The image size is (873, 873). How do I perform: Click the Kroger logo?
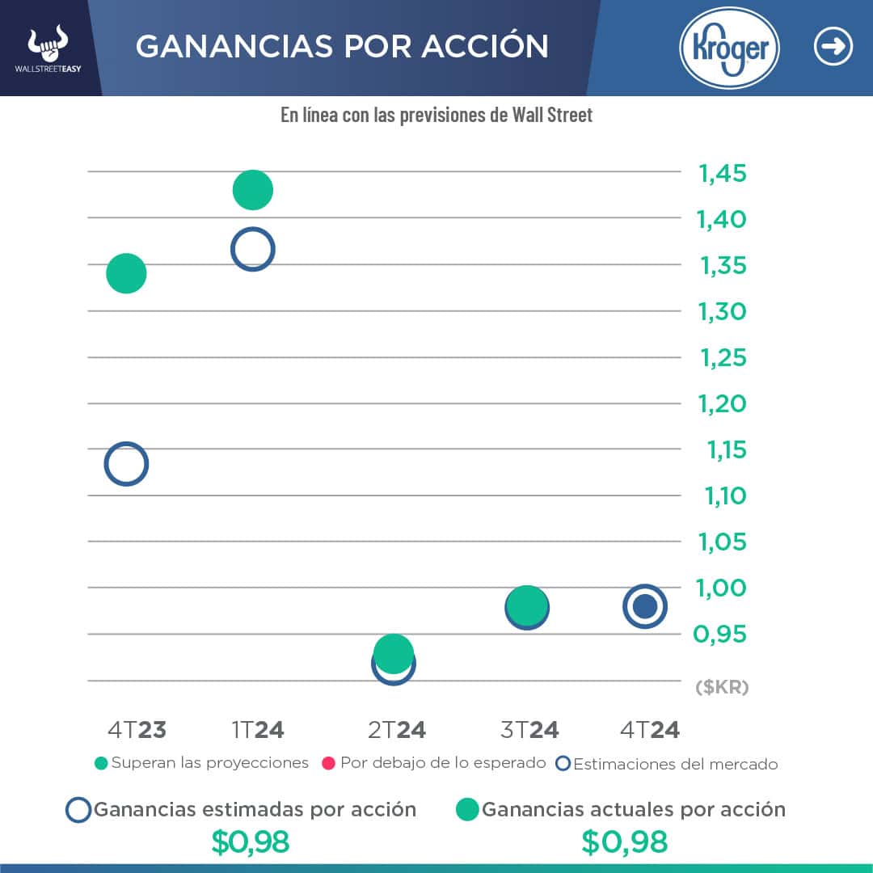(x=729, y=48)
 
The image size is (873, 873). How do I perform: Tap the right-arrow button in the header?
(x=833, y=47)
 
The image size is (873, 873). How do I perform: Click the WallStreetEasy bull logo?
(x=48, y=47)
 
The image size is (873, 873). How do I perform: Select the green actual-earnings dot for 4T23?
(x=126, y=273)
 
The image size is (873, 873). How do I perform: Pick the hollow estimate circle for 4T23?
(x=126, y=464)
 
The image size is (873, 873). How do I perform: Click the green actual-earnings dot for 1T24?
(x=253, y=190)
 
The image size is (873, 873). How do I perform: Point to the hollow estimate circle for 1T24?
(x=253, y=249)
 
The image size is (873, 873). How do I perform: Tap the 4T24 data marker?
(x=644, y=606)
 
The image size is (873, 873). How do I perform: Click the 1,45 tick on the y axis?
(x=723, y=174)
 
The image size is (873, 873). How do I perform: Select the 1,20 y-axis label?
(x=723, y=403)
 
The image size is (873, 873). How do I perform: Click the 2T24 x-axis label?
(x=397, y=730)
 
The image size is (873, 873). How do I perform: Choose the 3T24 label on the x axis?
(x=529, y=730)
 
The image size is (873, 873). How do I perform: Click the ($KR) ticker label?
(x=722, y=687)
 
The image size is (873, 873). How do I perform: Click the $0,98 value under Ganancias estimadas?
(x=250, y=842)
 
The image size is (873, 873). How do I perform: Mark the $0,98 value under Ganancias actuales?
(x=624, y=842)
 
